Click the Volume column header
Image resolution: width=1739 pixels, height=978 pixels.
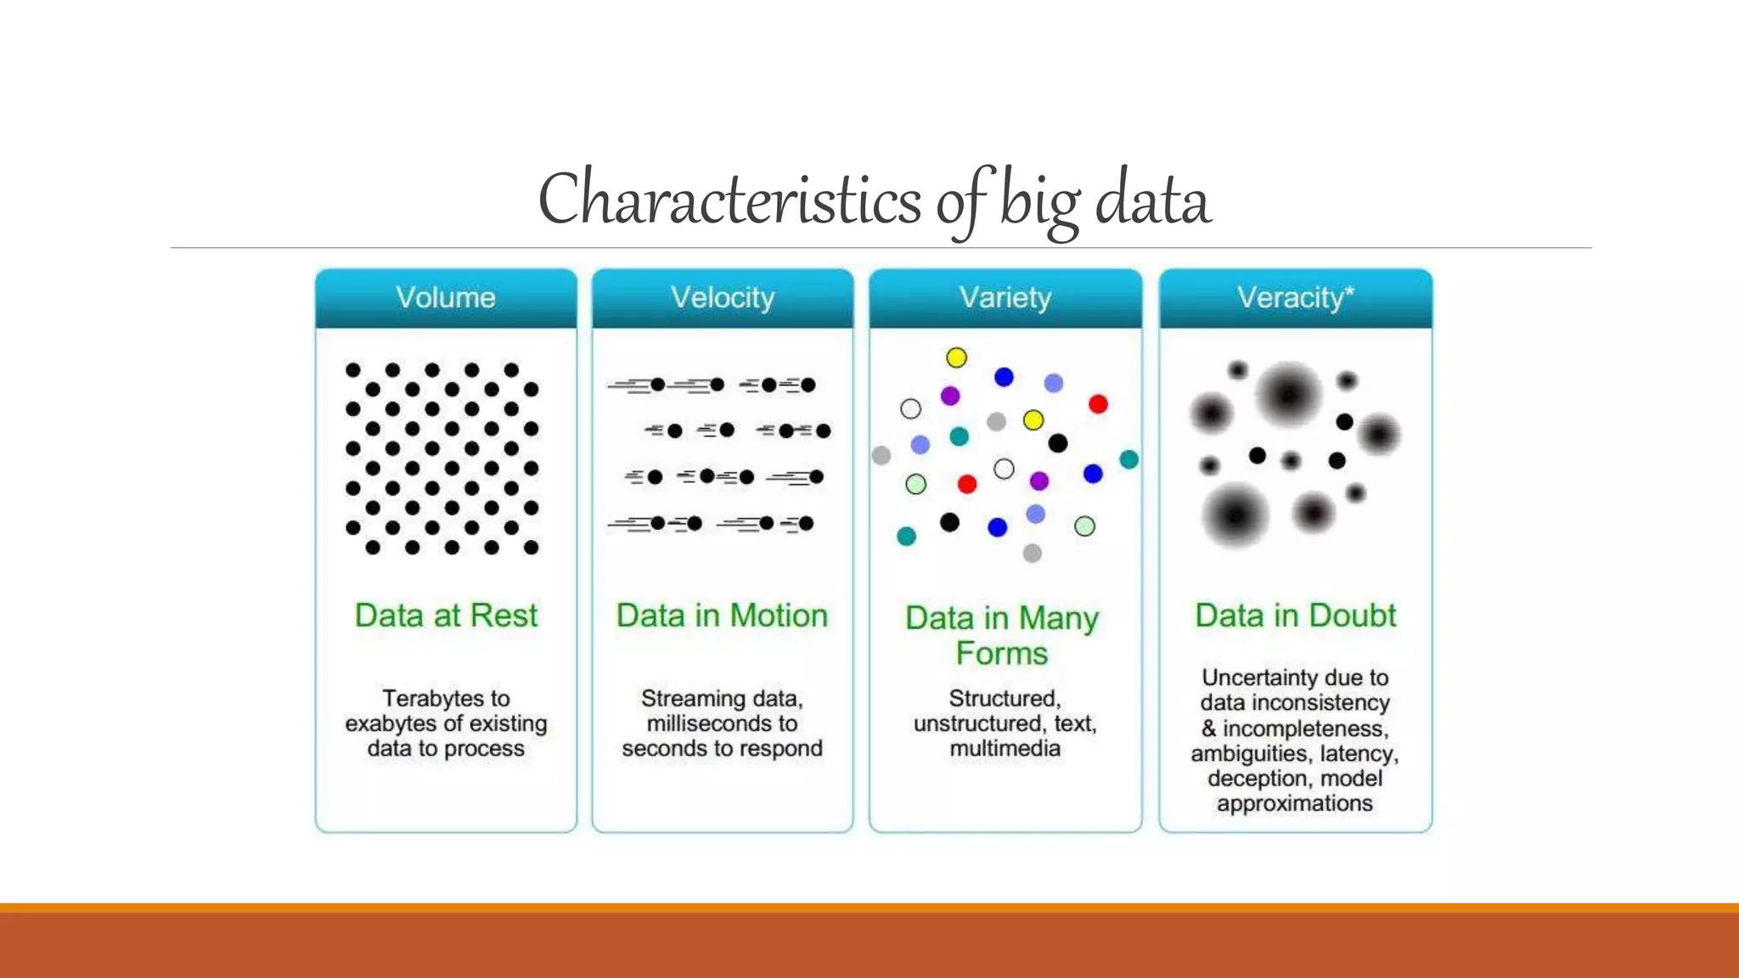click(446, 298)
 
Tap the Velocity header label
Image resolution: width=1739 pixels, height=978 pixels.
click(723, 298)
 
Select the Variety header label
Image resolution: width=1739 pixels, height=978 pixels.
click(1005, 298)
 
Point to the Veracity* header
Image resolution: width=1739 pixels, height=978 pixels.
click(1295, 298)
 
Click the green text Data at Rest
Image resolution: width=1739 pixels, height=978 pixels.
click(446, 615)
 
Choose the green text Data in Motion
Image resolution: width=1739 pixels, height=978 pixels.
click(722, 615)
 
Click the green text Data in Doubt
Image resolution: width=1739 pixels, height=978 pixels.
click(1295, 615)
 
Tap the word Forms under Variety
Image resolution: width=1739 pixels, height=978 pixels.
click(1002, 654)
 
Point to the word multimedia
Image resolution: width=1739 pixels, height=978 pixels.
click(1005, 749)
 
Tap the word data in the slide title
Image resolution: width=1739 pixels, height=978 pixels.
click(1152, 200)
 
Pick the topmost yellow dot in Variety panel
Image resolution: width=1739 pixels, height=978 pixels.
click(956, 357)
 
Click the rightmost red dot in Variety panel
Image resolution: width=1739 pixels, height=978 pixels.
click(1098, 404)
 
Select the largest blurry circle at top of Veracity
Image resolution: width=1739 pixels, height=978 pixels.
click(1289, 395)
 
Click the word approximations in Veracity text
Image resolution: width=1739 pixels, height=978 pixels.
click(1294, 804)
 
